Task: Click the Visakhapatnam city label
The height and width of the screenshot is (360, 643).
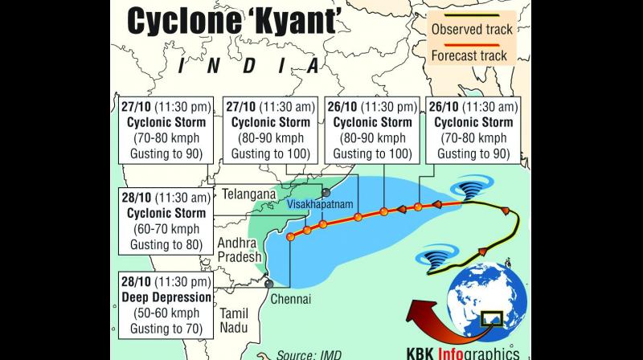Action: coord(321,205)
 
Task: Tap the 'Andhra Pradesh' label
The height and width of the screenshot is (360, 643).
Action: coord(241,249)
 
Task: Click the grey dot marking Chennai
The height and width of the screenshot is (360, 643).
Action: coord(269,284)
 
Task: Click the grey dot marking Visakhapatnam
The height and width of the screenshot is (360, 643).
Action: coord(326,193)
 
